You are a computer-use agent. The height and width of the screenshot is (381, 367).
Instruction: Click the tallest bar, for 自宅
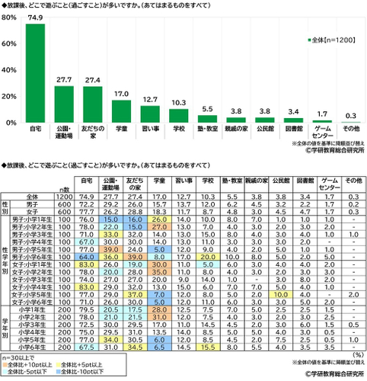tap(35, 73)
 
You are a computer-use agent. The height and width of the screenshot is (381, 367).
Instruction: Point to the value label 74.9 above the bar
tap(35, 18)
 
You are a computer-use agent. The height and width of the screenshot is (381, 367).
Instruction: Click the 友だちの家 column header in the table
tap(138, 183)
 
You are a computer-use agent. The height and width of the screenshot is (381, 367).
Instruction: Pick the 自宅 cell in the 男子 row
tap(85, 203)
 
